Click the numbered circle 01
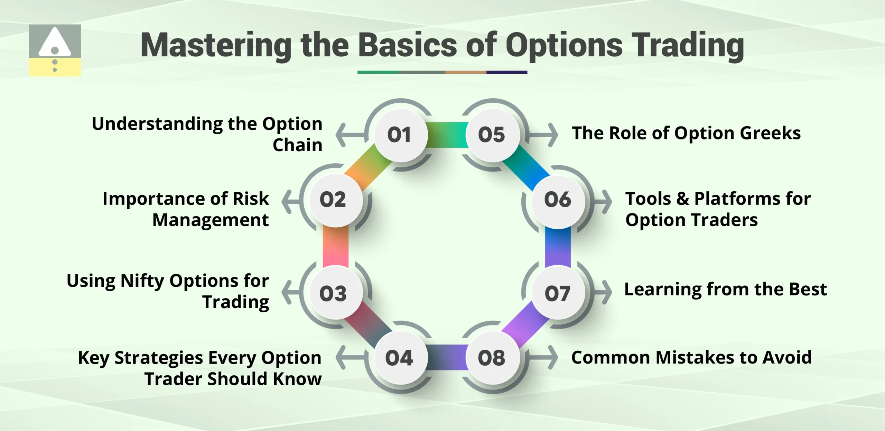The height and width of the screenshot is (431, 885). click(x=400, y=135)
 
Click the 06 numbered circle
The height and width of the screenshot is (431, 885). click(x=558, y=200)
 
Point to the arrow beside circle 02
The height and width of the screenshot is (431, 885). click(x=290, y=201)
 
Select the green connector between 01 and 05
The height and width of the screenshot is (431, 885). click(x=447, y=135)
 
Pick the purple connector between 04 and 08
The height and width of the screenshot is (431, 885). click(x=447, y=357)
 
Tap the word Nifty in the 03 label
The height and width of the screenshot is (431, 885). click(x=142, y=281)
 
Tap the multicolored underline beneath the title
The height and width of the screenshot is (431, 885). click(x=442, y=72)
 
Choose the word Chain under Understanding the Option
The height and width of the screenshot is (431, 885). click(x=297, y=145)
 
